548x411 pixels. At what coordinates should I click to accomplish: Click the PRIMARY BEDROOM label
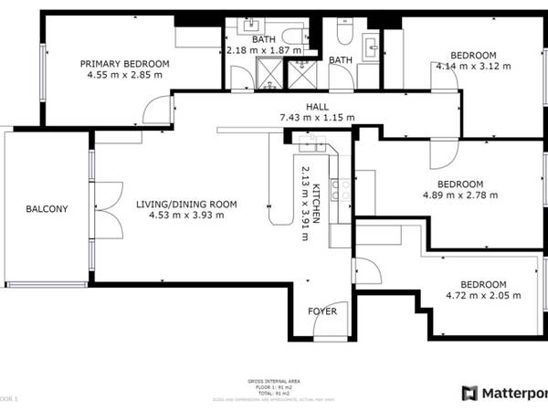click(125, 63)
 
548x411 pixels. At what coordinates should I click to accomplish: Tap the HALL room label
click(317, 105)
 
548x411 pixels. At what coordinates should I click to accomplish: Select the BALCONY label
click(46, 209)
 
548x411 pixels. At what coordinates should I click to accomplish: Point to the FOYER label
click(321, 311)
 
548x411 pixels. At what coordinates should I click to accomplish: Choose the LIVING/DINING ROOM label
click(186, 204)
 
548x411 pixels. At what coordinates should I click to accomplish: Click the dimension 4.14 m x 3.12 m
click(473, 66)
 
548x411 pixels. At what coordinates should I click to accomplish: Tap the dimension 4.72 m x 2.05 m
click(483, 295)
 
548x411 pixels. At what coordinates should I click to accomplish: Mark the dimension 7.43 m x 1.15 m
click(317, 117)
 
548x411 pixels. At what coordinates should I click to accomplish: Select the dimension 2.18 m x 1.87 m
click(263, 50)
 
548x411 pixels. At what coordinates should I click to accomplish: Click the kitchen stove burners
click(339, 190)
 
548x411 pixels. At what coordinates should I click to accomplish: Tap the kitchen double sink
click(311, 141)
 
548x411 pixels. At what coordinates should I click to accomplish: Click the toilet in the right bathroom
click(342, 34)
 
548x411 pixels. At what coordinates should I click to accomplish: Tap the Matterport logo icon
click(469, 394)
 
